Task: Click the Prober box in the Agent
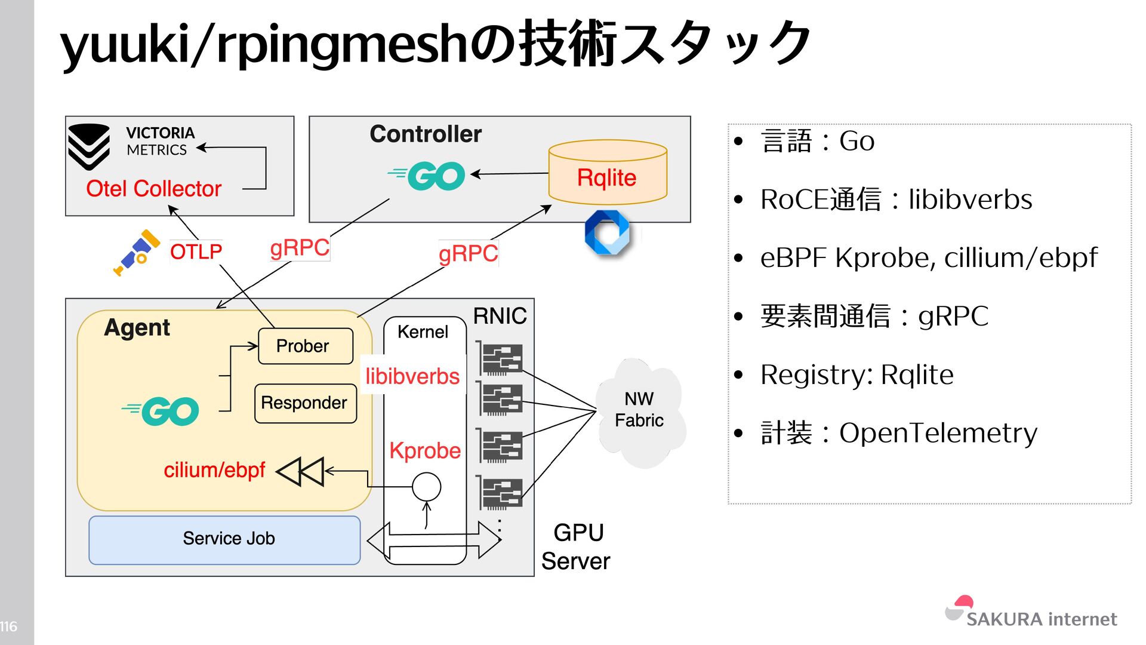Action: tap(305, 346)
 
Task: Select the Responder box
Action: tap(305, 403)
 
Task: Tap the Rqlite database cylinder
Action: tap(607, 173)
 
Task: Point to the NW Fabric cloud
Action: tap(639, 411)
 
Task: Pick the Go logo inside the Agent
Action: tap(161, 411)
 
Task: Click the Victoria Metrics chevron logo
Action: tap(89, 146)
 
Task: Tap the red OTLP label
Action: tap(196, 251)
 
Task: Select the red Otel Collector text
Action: tap(153, 189)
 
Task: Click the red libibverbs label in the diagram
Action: tap(412, 376)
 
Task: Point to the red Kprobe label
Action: tap(425, 450)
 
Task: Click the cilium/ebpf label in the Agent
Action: tap(214, 470)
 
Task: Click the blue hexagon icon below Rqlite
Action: tap(607, 232)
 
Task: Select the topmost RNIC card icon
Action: tap(500, 358)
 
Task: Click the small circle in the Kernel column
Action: tap(426, 487)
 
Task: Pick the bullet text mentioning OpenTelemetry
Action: tap(899, 433)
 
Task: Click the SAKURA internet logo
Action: tap(1031, 613)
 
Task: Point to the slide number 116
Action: tap(8, 626)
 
